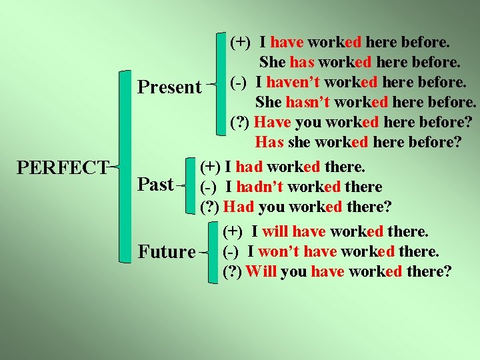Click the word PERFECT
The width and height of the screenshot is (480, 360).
(x=63, y=167)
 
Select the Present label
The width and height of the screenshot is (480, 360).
(x=169, y=87)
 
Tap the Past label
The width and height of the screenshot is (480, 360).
(x=155, y=183)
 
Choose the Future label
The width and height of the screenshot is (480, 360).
(x=167, y=252)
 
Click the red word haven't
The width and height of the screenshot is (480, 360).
(x=287, y=83)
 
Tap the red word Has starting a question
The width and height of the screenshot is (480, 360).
(x=269, y=143)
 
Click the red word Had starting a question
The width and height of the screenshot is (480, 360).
(x=240, y=206)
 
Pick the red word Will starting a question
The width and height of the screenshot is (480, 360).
(x=261, y=271)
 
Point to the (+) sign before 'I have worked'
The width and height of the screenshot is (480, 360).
(x=240, y=43)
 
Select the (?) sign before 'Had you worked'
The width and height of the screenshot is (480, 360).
(x=210, y=207)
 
